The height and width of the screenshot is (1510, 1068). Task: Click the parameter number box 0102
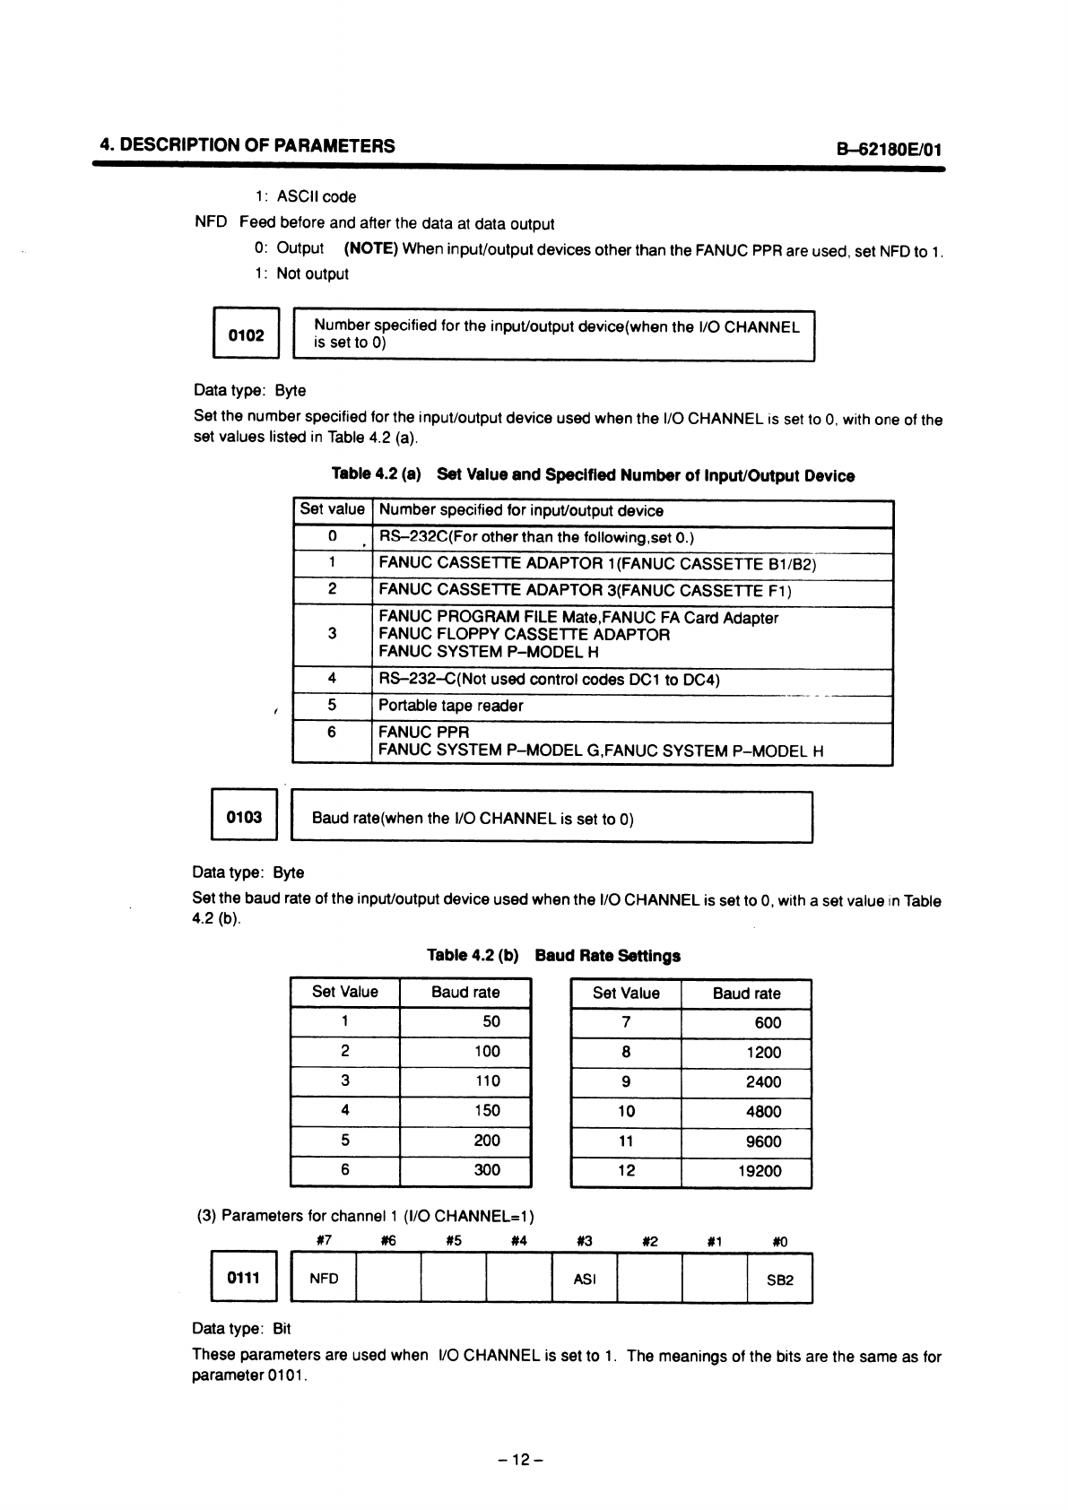[246, 336]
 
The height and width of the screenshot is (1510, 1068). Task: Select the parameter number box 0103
[244, 817]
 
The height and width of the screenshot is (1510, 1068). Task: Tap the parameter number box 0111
[243, 1278]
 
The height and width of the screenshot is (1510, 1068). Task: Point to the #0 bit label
[779, 1242]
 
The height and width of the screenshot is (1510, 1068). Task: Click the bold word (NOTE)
[370, 248]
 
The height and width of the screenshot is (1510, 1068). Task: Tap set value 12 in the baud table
[627, 1171]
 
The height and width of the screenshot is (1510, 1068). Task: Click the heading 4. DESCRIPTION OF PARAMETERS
[247, 146]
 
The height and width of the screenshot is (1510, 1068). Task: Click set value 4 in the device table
[332, 680]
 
